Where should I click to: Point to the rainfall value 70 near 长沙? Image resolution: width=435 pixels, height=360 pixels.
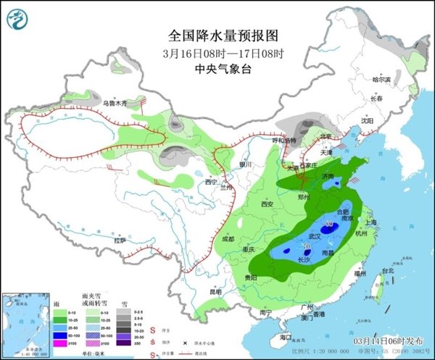coord(297,251)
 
